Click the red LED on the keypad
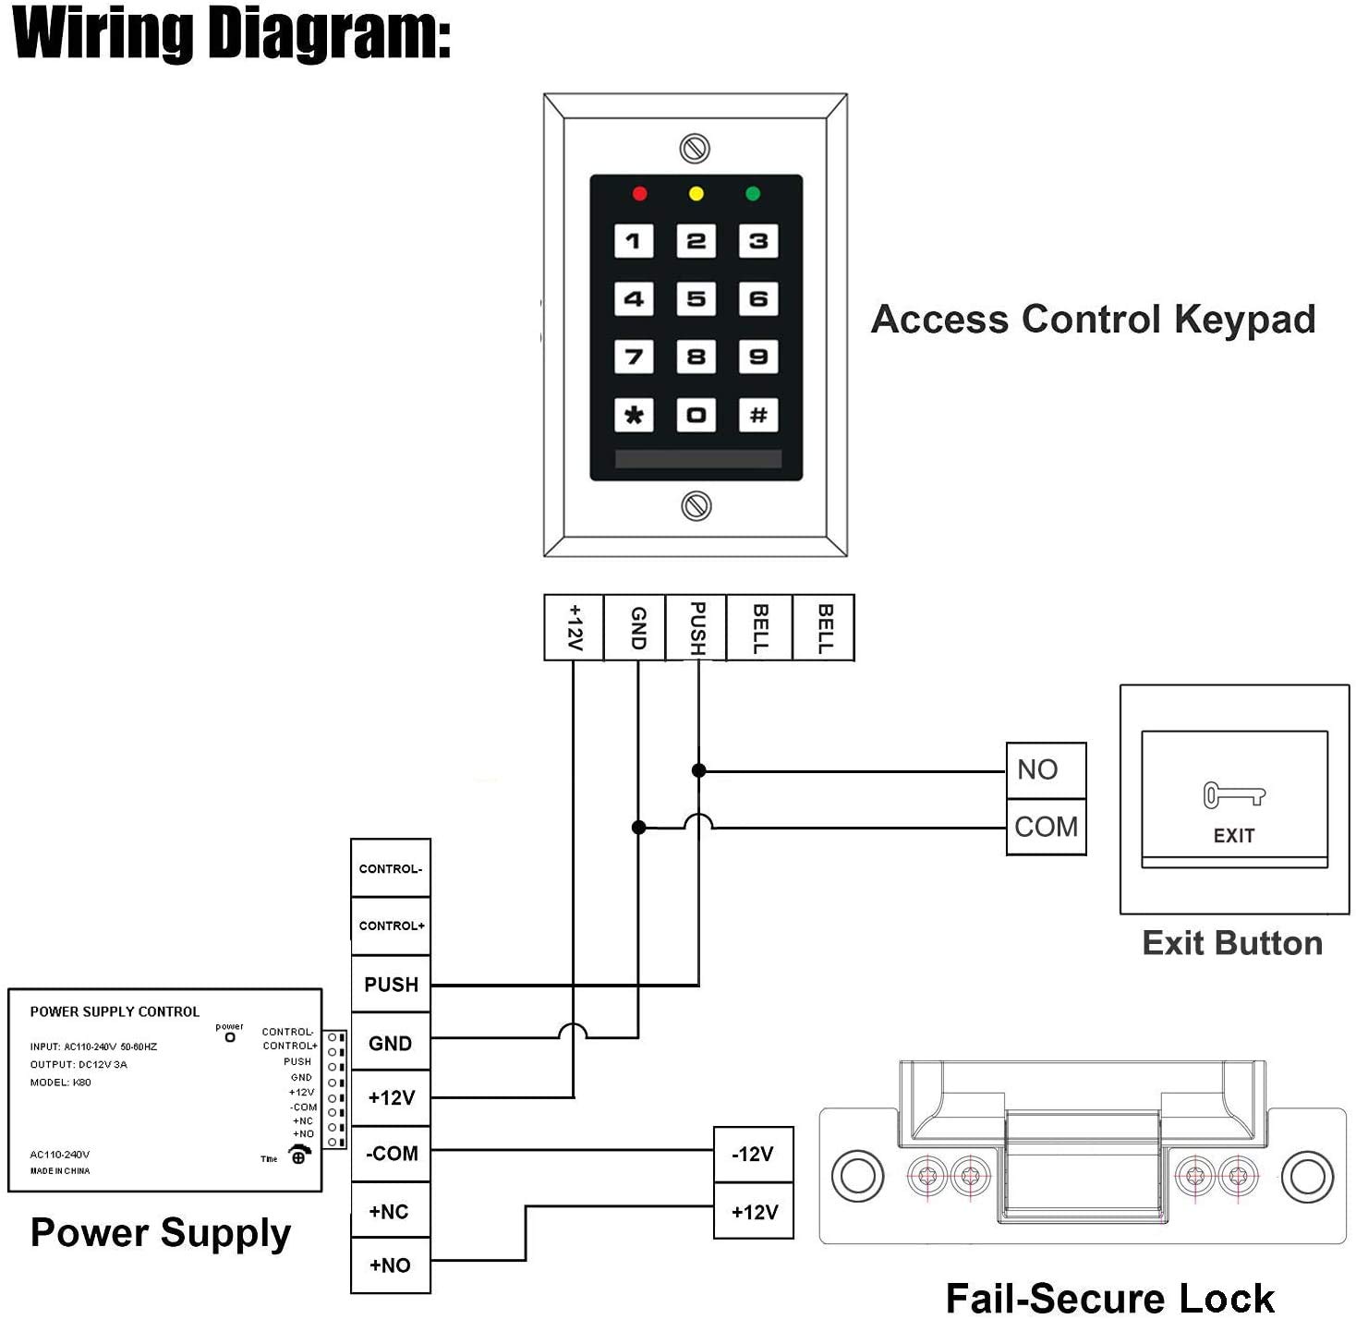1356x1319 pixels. pos(639,194)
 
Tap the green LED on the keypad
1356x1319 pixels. pos(753,194)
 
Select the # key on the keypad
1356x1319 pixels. pos(758,415)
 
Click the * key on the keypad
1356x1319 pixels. pos(634,415)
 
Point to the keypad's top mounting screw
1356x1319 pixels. pos(695,148)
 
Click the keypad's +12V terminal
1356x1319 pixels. pos(574,628)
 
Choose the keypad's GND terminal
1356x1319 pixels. pos(636,628)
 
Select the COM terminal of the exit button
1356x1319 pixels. pos(1046,827)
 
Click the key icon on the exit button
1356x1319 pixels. pos(1233,794)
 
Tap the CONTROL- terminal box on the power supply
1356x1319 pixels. pos(391,868)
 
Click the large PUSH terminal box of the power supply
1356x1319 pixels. pos(391,985)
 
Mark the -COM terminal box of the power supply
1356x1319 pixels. pos(391,1154)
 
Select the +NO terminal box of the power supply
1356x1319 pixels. pos(391,1265)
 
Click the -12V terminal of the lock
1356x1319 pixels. pos(753,1155)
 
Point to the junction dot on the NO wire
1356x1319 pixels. pos(699,770)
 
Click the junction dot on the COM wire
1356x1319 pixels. pos(638,828)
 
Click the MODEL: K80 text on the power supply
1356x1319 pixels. pos(60,1083)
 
